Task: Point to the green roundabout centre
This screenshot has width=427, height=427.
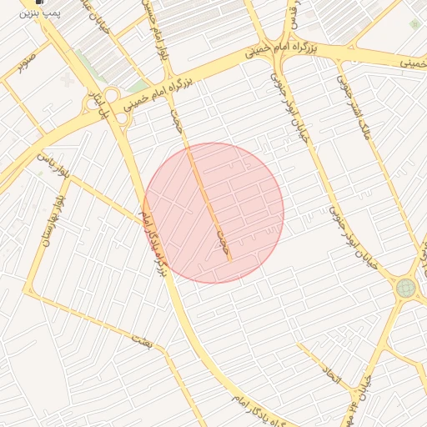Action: (x=406, y=289)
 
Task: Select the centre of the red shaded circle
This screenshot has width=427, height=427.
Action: (x=213, y=213)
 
